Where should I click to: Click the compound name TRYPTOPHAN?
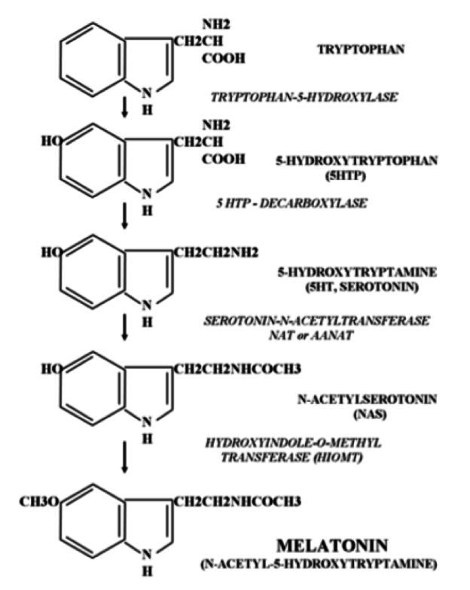(x=361, y=50)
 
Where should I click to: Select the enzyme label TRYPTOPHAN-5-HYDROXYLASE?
(x=304, y=97)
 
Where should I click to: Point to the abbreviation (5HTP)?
(x=346, y=176)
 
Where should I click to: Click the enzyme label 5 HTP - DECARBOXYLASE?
(x=291, y=203)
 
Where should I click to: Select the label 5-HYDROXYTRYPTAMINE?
(x=357, y=272)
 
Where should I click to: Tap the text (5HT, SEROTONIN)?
(x=362, y=287)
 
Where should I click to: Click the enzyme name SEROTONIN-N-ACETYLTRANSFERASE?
(x=316, y=321)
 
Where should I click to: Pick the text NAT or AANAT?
(x=311, y=335)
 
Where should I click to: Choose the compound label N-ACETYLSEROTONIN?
(x=368, y=399)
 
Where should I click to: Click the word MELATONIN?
(x=332, y=545)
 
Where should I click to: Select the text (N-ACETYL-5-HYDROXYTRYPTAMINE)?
(x=319, y=564)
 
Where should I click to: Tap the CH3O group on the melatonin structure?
(x=39, y=501)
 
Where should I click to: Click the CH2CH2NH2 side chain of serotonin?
(x=215, y=253)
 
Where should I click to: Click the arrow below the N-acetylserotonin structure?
(x=125, y=457)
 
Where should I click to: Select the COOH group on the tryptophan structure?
(x=224, y=59)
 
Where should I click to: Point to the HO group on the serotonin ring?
(x=51, y=253)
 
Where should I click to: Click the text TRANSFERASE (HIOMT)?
(x=291, y=458)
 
